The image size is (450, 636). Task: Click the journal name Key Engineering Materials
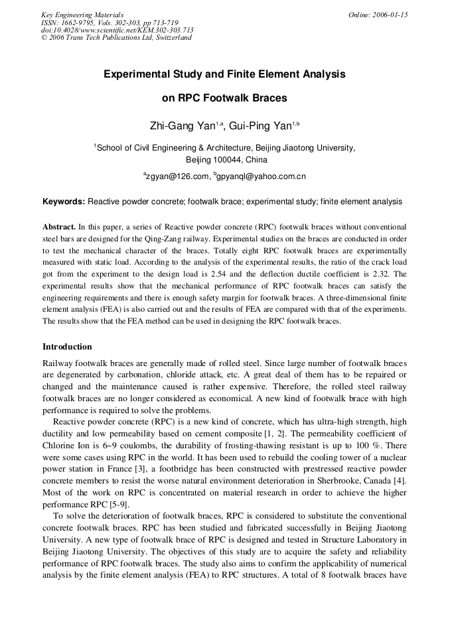[x=82, y=15]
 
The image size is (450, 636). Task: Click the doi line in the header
[x=117, y=30]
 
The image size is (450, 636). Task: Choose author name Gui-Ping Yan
[x=260, y=125]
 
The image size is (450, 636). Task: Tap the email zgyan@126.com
[x=177, y=177]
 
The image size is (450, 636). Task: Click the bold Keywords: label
[x=64, y=202]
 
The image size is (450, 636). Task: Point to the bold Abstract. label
[x=59, y=227]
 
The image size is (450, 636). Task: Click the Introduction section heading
[x=67, y=347]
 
